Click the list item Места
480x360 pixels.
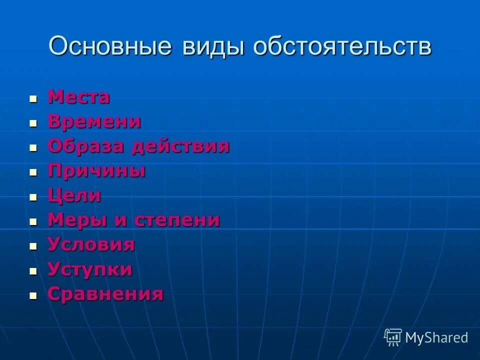(x=78, y=97)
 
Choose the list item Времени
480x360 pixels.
(x=94, y=121)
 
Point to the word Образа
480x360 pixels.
(x=85, y=146)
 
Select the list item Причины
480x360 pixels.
(x=96, y=171)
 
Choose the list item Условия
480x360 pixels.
(x=91, y=245)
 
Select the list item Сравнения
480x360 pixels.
(x=105, y=294)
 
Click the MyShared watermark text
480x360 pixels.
(x=436, y=337)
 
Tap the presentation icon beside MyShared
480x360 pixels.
(x=393, y=337)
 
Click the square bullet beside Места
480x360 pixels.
(x=33, y=98)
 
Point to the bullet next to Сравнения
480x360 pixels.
(x=33, y=295)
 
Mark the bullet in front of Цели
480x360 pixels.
(x=33, y=197)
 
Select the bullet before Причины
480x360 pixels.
(x=33, y=172)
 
